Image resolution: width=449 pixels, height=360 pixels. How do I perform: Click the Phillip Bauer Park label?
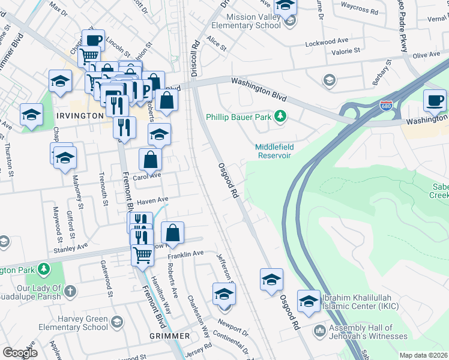coord(239,117)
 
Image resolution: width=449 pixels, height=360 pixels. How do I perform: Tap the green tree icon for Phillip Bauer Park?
coord(280,116)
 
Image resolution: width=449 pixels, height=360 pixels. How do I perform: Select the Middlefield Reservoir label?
coord(273,151)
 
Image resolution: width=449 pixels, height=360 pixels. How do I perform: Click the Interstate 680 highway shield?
coord(387,106)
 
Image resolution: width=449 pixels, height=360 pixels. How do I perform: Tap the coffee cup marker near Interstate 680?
coord(434,100)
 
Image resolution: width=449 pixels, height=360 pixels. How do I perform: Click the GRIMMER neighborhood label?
coord(170,337)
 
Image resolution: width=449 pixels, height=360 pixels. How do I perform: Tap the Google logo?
coord(20,353)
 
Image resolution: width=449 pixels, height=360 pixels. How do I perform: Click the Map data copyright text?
coord(424,355)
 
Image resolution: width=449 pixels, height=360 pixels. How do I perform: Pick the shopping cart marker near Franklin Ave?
coord(142,254)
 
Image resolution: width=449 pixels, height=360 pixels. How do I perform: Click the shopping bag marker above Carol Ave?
coord(150,160)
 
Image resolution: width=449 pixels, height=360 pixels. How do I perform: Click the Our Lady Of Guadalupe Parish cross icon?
coord(70,292)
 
